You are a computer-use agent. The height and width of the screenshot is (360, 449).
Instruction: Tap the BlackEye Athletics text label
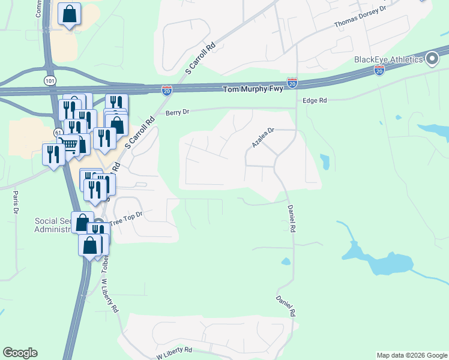[x=388, y=59]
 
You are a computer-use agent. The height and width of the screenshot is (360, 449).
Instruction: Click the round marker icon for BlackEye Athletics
[x=432, y=58]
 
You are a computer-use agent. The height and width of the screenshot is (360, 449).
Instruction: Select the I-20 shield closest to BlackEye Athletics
[x=379, y=70]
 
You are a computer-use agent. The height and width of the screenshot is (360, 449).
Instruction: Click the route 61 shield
[x=58, y=131]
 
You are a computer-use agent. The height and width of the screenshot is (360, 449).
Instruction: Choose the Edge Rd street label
[x=315, y=101]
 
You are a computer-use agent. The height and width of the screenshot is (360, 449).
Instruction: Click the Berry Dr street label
[x=177, y=112]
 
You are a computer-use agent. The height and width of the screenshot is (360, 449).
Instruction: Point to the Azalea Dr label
[x=263, y=137]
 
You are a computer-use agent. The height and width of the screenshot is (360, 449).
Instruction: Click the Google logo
[x=20, y=353]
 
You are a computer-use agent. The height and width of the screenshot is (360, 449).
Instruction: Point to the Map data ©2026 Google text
[x=411, y=355]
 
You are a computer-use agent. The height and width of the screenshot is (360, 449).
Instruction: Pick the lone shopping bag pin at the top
[x=69, y=14]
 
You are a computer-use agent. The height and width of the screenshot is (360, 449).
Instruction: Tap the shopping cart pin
[x=71, y=145]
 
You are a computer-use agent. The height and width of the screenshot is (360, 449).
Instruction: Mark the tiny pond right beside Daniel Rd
[x=286, y=261]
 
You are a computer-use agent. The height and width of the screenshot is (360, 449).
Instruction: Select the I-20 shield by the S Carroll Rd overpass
[x=167, y=91]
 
